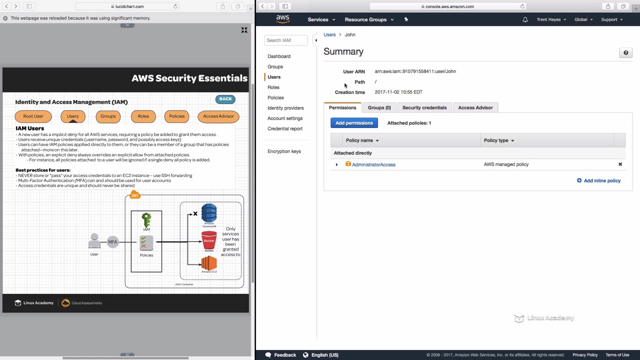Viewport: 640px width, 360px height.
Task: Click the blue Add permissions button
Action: coord(354,123)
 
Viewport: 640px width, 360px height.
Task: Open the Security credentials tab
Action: coord(424,107)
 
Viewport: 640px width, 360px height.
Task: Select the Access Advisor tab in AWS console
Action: coord(475,107)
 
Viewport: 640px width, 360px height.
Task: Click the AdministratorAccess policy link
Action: coord(373,164)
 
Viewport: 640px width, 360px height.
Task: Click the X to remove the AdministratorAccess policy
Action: coord(620,164)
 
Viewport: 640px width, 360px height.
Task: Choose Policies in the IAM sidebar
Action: coord(275,97)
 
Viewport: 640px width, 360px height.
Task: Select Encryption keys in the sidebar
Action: coord(284,151)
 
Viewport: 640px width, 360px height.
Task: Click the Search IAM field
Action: coord(286,40)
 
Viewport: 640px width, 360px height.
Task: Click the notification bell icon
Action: coord(525,19)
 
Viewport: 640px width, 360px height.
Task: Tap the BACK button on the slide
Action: coord(225,99)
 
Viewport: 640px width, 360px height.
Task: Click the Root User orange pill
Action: coord(33,116)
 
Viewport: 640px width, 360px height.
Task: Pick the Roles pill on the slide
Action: coord(143,116)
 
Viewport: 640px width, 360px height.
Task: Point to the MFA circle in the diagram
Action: coord(112,242)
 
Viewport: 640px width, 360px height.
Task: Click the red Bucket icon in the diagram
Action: coord(209,241)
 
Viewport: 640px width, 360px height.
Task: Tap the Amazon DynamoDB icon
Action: coord(209,213)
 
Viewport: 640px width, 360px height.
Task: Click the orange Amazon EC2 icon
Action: coord(209,263)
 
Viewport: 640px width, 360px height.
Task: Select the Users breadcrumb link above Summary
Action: coord(329,34)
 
